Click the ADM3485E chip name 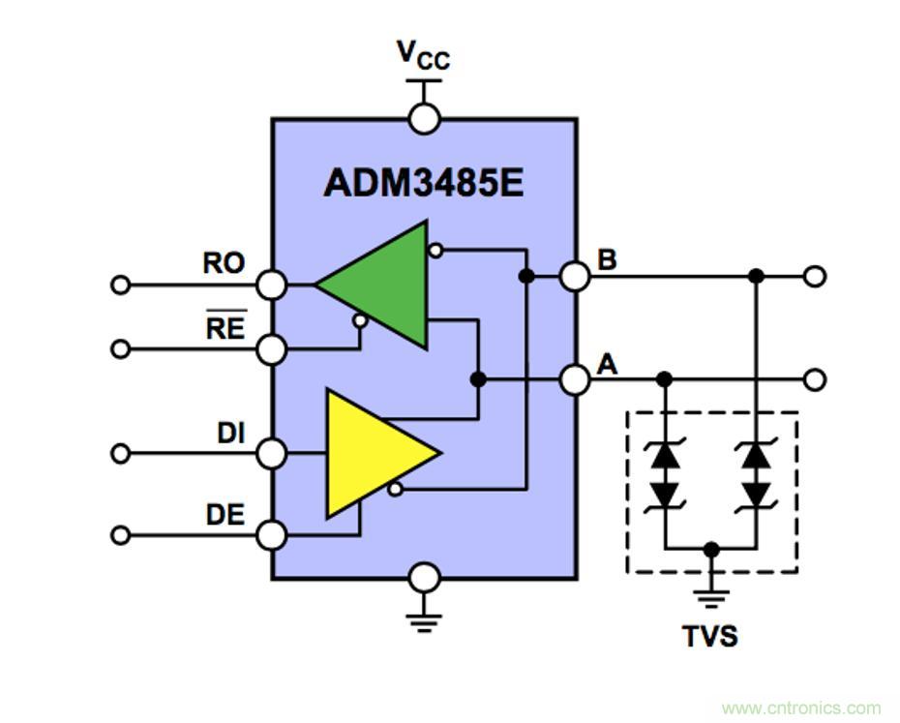pos(424,183)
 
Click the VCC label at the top pos(424,55)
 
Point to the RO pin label pos(224,262)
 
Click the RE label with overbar pos(225,328)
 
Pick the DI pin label pos(229,435)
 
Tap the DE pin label pos(225,515)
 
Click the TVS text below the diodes pos(709,636)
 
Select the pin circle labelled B pos(576,277)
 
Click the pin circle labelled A pos(576,379)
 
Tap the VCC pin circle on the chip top pos(425,119)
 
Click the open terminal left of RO pos(120,285)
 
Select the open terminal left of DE pos(120,534)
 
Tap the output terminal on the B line pos(816,277)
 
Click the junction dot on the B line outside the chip pos(757,277)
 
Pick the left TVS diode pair pos(665,474)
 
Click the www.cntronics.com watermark pos(801,708)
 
